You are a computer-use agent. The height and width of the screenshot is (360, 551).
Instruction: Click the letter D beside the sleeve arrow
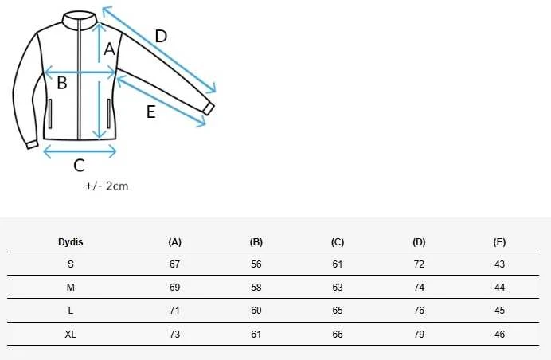point(161,37)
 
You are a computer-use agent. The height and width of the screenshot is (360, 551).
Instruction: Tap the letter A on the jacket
point(109,49)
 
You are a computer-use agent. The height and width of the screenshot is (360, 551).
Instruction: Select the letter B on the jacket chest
point(62,83)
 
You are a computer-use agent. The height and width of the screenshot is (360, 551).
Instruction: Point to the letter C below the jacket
point(79,165)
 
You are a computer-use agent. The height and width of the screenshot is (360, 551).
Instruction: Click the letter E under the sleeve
point(150,112)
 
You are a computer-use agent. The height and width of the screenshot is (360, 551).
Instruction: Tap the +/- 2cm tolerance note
point(107,186)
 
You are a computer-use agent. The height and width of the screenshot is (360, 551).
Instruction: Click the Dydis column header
point(71,242)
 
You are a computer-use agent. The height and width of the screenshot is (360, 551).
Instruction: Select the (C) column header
point(338,242)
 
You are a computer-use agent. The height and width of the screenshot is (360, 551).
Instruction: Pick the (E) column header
point(499,242)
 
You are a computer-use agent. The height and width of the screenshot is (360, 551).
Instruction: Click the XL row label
point(71,334)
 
